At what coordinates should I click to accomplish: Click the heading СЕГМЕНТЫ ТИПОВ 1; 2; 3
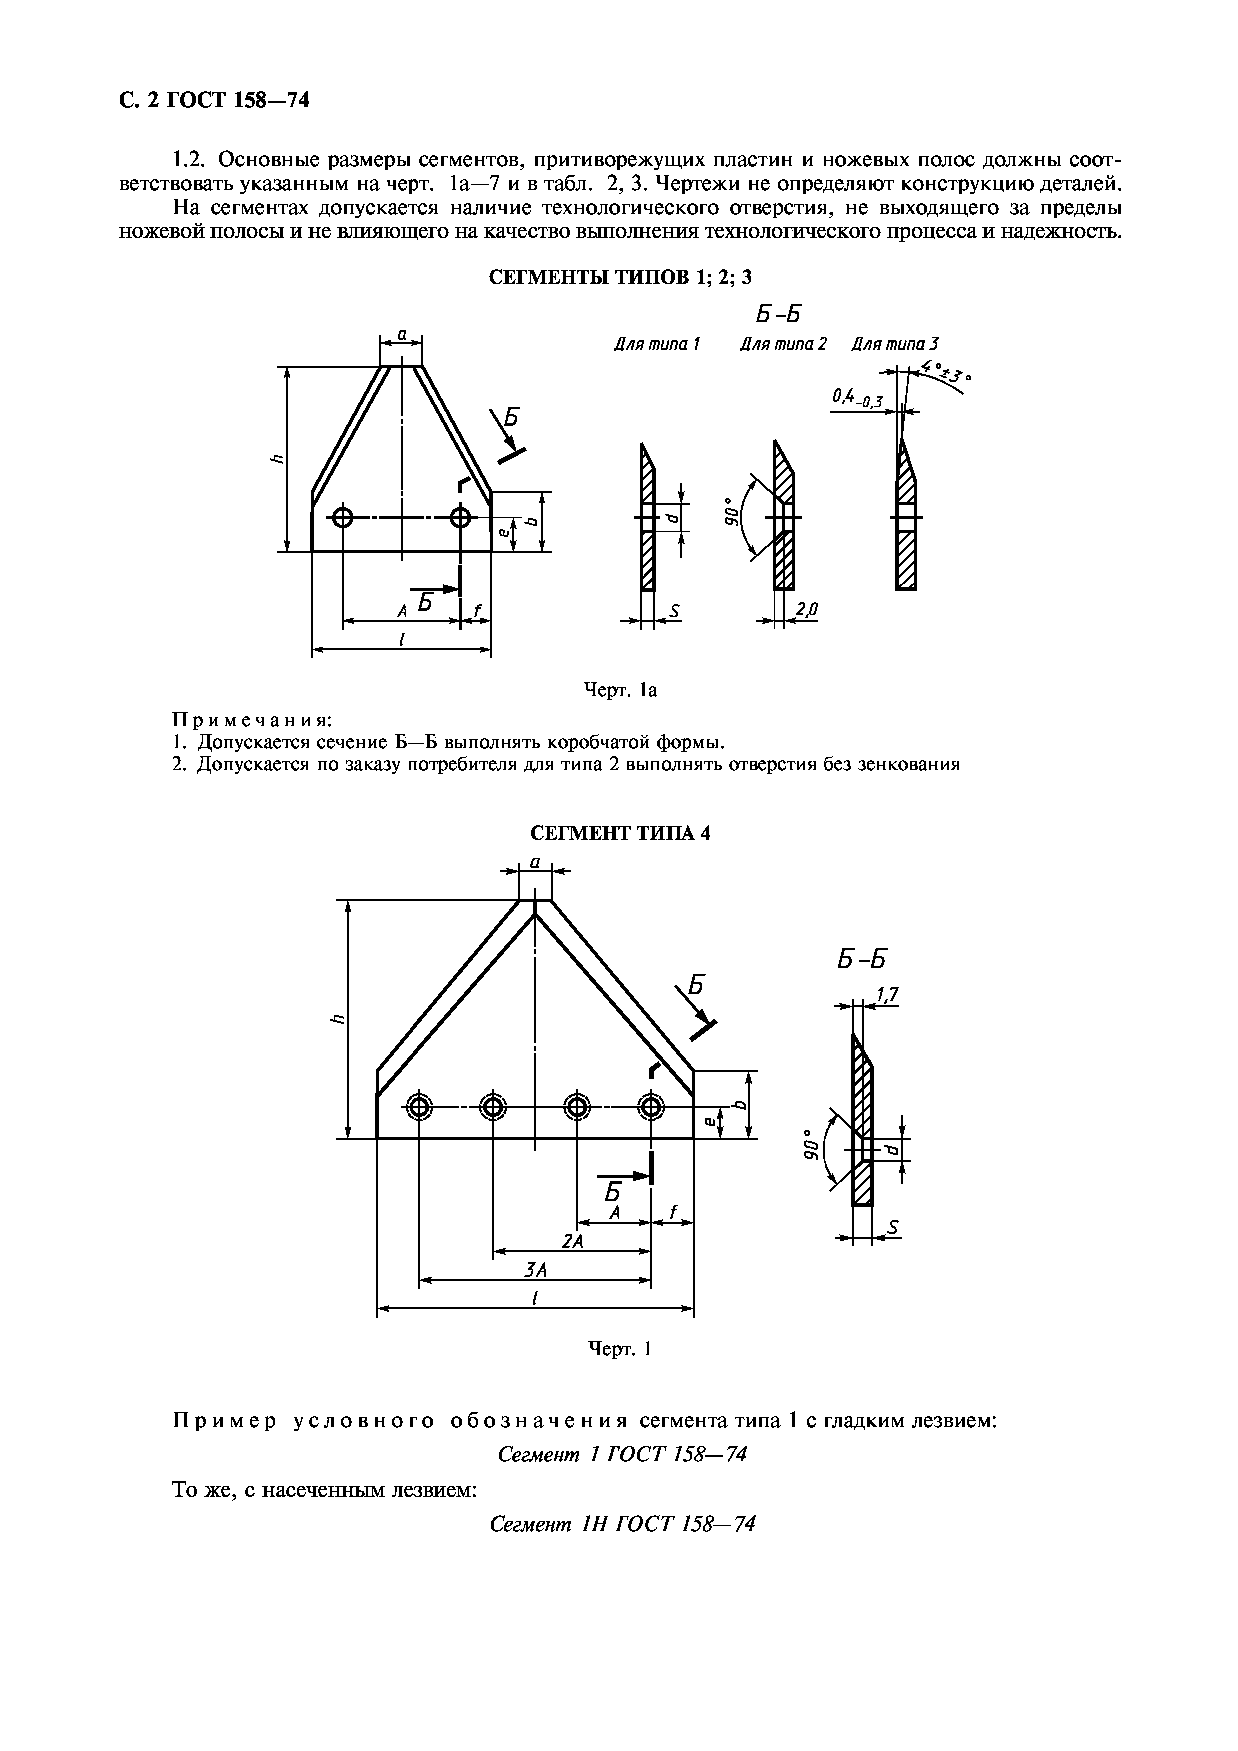pyautogui.click(x=619, y=277)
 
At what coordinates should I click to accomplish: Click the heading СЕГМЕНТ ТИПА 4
pyautogui.click(x=619, y=833)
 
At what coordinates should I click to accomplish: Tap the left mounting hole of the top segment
pyautogui.click(x=343, y=518)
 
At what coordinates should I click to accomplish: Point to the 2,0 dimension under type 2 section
pyautogui.click(x=806, y=609)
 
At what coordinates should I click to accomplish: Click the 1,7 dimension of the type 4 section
pyautogui.click(x=888, y=994)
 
